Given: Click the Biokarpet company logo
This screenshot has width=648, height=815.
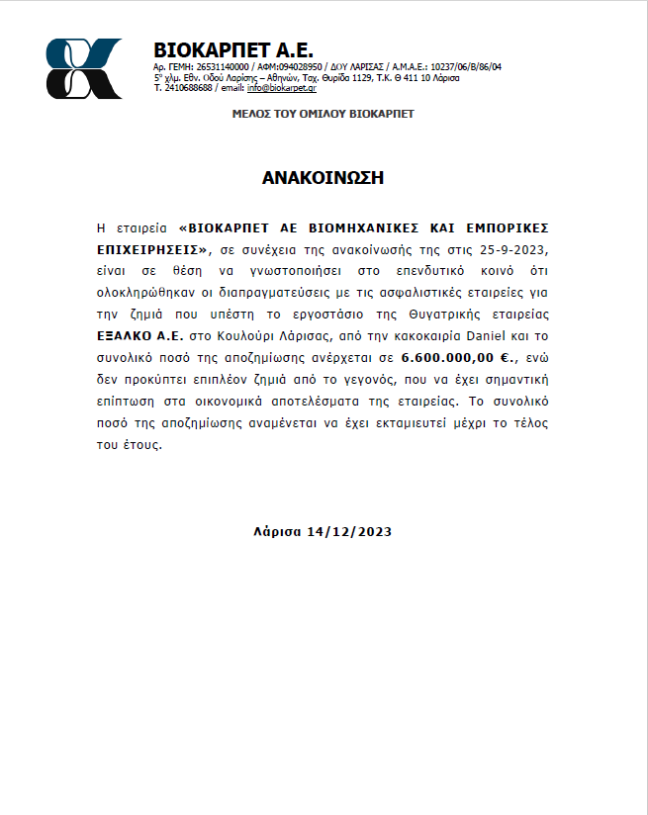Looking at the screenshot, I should pyautogui.click(x=85, y=68).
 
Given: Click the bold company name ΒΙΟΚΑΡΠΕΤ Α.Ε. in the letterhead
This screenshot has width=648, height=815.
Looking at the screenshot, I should pyautogui.click(x=233, y=50).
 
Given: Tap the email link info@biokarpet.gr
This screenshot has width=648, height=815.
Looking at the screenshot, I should pyautogui.click(x=284, y=88).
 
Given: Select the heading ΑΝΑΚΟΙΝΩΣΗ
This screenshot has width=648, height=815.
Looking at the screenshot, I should pyautogui.click(x=323, y=178).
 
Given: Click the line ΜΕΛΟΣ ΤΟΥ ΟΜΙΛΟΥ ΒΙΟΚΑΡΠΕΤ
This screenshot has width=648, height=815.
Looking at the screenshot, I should pyautogui.click(x=323, y=114).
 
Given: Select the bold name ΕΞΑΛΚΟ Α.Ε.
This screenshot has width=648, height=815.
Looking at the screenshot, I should pyautogui.click(x=139, y=335).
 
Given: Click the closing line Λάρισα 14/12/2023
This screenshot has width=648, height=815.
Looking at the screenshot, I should pyautogui.click(x=324, y=531).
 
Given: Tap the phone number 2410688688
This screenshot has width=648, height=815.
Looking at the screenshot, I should pyautogui.click(x=188, y=88).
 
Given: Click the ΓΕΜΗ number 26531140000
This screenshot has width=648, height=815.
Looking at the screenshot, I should pyautogui.click(x=223, y=67).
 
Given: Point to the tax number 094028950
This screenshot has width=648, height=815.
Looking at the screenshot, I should pyautogui.click(x=296, y=67).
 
